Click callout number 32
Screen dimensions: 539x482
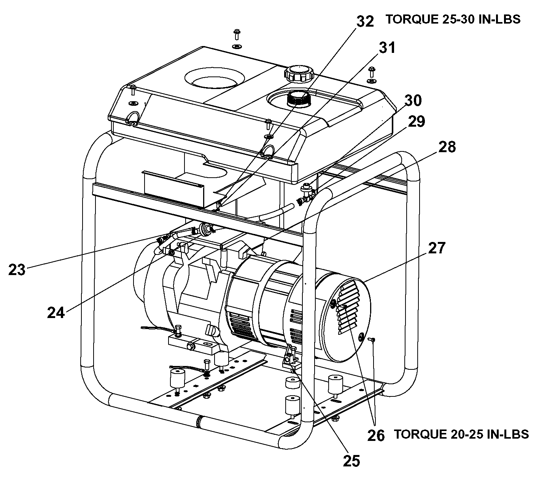[365, 22]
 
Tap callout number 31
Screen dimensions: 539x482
[387, 48]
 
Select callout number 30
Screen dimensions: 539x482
[413, 100]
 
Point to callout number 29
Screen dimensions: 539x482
[417, 121]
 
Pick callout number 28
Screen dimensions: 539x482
[447, 147]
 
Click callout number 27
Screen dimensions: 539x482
[437, 248]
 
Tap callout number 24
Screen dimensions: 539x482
[56, 313]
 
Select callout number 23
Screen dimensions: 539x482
[17, 270]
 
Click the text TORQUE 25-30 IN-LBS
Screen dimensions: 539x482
[453, 19]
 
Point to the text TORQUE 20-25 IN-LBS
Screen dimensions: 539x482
[461, 434]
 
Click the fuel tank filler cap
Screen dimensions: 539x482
[299, 73]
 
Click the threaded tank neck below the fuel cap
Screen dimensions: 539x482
[299, 99]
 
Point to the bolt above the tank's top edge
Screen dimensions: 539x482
[237, 35]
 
